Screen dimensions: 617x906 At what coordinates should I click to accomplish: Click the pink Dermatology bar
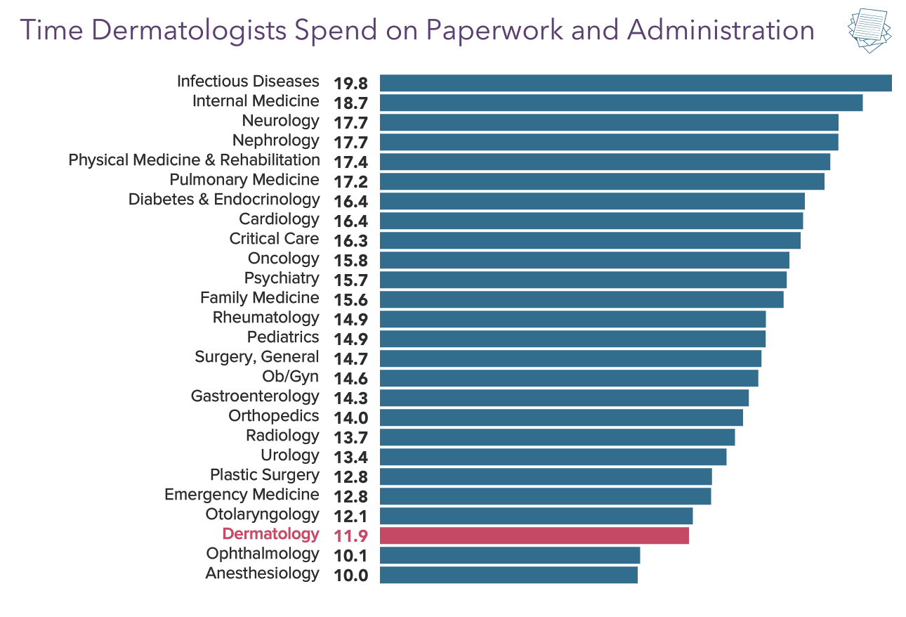coord(534,535)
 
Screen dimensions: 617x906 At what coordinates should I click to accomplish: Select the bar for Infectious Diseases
coord(636,83)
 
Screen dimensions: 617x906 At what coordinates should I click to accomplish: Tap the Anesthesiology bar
coord(508,575)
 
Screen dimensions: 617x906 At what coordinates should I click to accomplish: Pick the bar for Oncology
coord(584,260)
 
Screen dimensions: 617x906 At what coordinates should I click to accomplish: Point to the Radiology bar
coord(557,437)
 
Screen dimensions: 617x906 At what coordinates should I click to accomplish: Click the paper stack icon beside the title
coord(869,31)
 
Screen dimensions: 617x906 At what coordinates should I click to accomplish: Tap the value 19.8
coord(350,84)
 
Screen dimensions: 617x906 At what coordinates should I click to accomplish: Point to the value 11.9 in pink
coord(350,536)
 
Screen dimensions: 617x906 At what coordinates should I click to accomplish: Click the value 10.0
coord(350,576)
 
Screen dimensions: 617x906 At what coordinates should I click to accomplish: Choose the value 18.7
coord(350,103)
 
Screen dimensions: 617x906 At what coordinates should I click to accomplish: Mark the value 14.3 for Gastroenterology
coord(350,398)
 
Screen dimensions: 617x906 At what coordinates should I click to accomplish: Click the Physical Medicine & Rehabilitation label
coord(194,160)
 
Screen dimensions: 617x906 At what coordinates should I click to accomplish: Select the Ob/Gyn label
coord(290,377)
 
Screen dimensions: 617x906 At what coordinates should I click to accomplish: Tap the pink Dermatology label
coord(270,534)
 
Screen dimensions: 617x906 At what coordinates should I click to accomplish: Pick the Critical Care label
coord(274,239)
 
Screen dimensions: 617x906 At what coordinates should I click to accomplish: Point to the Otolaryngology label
coord(262,514)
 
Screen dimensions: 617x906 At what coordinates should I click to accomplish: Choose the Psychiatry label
coord(282,278)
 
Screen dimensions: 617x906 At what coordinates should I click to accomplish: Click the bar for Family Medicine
coord(582,299)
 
